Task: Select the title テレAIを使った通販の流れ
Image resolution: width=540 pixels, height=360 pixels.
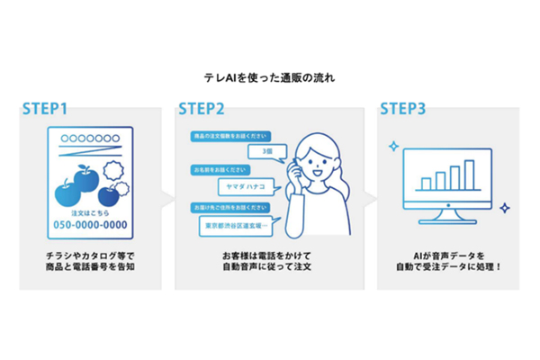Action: (269, 77)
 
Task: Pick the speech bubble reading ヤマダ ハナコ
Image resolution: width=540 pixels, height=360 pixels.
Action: (246, 188)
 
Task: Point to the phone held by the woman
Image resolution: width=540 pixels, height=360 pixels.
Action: (294, 170)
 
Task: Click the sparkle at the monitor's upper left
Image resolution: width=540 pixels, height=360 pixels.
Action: (393, 145)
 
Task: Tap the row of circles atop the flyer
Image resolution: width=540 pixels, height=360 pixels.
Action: (91, 139)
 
